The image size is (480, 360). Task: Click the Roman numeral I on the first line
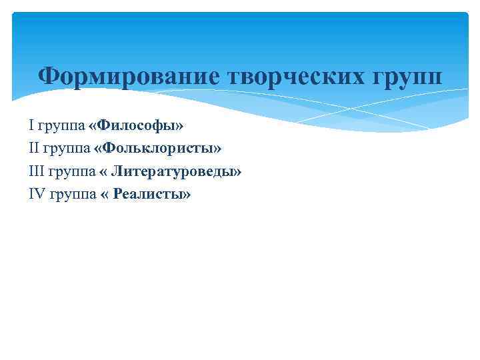[31, 125]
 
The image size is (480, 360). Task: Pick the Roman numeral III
[36, 171]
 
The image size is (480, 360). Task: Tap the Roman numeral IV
[37, 195]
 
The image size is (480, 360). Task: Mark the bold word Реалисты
[148, 195]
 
